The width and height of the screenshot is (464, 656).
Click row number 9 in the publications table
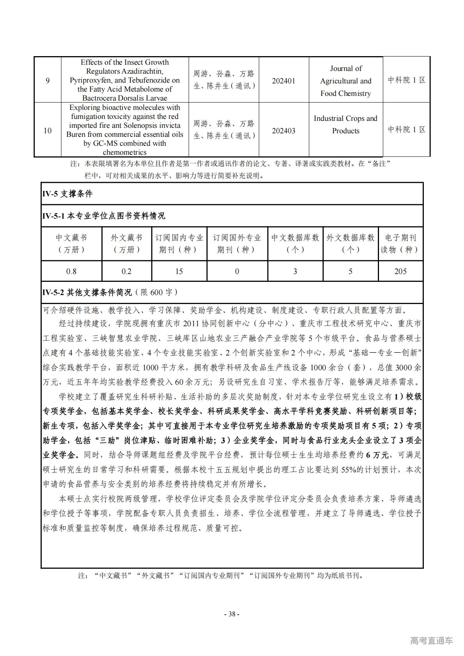48,81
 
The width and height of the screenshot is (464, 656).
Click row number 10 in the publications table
48,131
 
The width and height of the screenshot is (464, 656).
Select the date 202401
283,81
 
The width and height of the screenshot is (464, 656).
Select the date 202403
283,131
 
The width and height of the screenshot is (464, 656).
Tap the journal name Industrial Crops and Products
345,124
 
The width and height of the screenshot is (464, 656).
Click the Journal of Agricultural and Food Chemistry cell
345,81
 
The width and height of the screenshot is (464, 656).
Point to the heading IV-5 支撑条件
67,194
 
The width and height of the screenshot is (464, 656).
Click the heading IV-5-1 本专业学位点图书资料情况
104,216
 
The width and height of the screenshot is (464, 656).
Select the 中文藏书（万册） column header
71,244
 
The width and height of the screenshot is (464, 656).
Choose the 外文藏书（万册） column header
126,244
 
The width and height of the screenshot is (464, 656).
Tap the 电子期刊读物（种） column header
400,244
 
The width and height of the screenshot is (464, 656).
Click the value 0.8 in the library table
71,271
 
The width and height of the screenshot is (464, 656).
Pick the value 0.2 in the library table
126,271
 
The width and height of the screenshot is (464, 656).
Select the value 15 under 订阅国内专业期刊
179,271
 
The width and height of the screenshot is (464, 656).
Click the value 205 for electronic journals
400,271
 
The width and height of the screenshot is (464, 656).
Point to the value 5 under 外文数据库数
350,271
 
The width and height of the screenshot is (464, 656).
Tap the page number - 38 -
232,614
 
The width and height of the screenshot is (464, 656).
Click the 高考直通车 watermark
431,640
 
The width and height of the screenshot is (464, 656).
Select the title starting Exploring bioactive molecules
125,130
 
